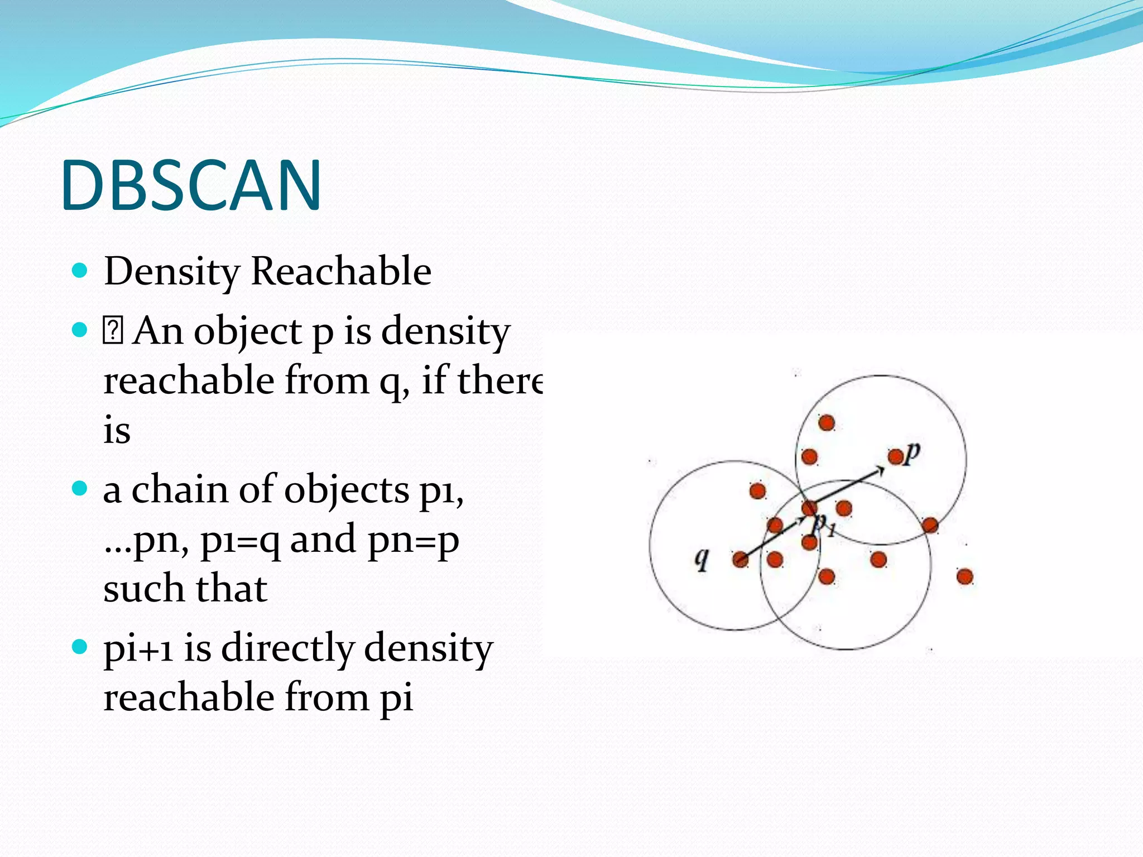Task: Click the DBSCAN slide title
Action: point(191,185)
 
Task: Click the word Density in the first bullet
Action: point(172,272)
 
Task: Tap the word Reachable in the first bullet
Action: point(341,272)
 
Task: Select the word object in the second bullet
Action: point(248,331)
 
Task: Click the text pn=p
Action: point(413,540)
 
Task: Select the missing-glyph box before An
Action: point(113,330)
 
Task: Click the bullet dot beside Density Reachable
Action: point(80,271)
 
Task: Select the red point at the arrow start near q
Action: point(741,560)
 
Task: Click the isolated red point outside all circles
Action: point(964,576)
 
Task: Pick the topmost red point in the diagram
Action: point(827,423)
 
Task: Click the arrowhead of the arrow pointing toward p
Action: point(880,471)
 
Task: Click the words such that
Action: point(185,589)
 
